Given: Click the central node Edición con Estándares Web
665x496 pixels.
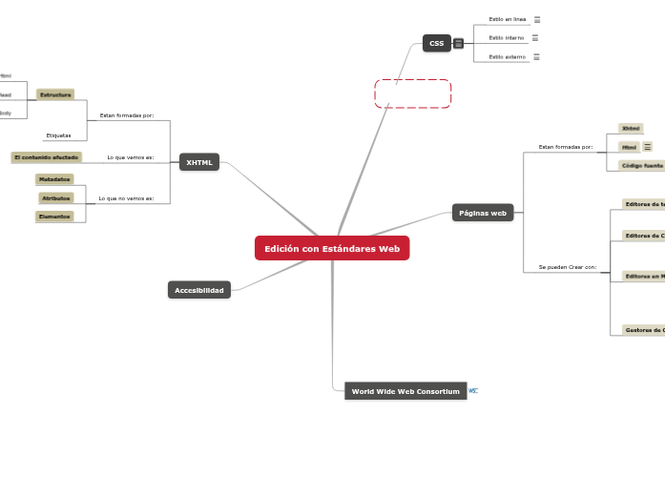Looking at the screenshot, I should point(332,248).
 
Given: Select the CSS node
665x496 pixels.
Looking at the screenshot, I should point(436,43).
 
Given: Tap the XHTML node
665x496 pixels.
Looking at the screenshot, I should point(199,162).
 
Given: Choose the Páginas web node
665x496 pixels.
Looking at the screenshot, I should point(483,213).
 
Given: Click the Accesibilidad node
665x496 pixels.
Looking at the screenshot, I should point(199,290).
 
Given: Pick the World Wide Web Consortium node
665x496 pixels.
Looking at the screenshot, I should point(405,391).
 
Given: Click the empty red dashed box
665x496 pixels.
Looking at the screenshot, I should point(412,94).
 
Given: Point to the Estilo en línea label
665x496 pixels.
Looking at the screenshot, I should point(508,19).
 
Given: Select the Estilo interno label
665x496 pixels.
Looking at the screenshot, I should point(507,38).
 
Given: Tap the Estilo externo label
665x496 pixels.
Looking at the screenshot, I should point(507,57).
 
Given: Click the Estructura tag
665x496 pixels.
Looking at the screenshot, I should point(55,94).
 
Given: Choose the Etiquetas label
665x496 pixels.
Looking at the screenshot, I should point(59,135).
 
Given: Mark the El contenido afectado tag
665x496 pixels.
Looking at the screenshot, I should point(47,156).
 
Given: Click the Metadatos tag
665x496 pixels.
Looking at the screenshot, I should point(53,179).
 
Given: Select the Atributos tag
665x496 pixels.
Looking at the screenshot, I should point(56,197).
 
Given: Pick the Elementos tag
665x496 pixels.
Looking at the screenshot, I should point(53,217).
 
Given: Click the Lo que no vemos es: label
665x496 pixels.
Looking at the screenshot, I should point(126,198).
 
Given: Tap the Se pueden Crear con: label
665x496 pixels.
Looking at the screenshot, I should point(568,267).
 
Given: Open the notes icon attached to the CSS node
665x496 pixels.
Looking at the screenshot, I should point(459,43).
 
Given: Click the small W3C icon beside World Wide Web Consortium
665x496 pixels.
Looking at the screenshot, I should point(473,391).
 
